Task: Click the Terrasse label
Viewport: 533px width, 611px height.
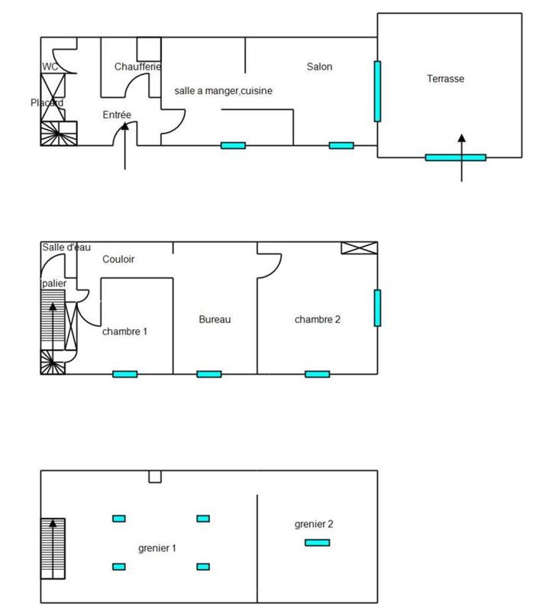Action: pyautogui.click(x=446, y=78)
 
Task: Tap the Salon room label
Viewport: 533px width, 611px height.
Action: pyautogui.click(x=319, y=66)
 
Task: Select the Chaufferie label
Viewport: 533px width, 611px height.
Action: pyautogui.click(x=137, y=66)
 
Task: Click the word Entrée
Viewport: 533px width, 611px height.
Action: pyautogui.click(x=117, y=115)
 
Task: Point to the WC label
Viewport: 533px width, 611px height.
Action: pyautogui.click(x=50, y=66)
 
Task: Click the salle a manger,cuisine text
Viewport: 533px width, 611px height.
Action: pyautogui.click(x=224, y=91)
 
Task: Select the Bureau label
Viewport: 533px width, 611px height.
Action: pyautogui.click(x=215, y=319)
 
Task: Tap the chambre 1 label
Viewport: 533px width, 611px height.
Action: pyautogui.click(x=124, y=331)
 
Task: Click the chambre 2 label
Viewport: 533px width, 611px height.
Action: pyautogui.click(x=317, y=319)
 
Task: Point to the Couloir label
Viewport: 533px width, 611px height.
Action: pyautogui.click(x=118, y=260)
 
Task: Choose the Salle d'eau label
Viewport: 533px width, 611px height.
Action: pyautogui.click(x=66, y=247)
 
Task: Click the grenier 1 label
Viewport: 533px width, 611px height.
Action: pyautogui.click(x=157, y=548)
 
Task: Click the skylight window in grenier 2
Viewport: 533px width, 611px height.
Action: pyautogui.click(x=317, y=542)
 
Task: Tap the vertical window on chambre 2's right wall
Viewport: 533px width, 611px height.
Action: pyautogui.click(x=377, y=307)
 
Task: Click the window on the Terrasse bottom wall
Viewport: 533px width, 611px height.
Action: pyautogui.click(x=455, y=157)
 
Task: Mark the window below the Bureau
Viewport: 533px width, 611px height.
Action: pyautogui.click(x=208, y=373)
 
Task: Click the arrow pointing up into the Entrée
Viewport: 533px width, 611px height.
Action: pyautogui.click(x=124, y=149)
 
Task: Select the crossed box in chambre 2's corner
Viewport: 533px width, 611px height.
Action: pyautogui.click(x=359, y=247)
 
